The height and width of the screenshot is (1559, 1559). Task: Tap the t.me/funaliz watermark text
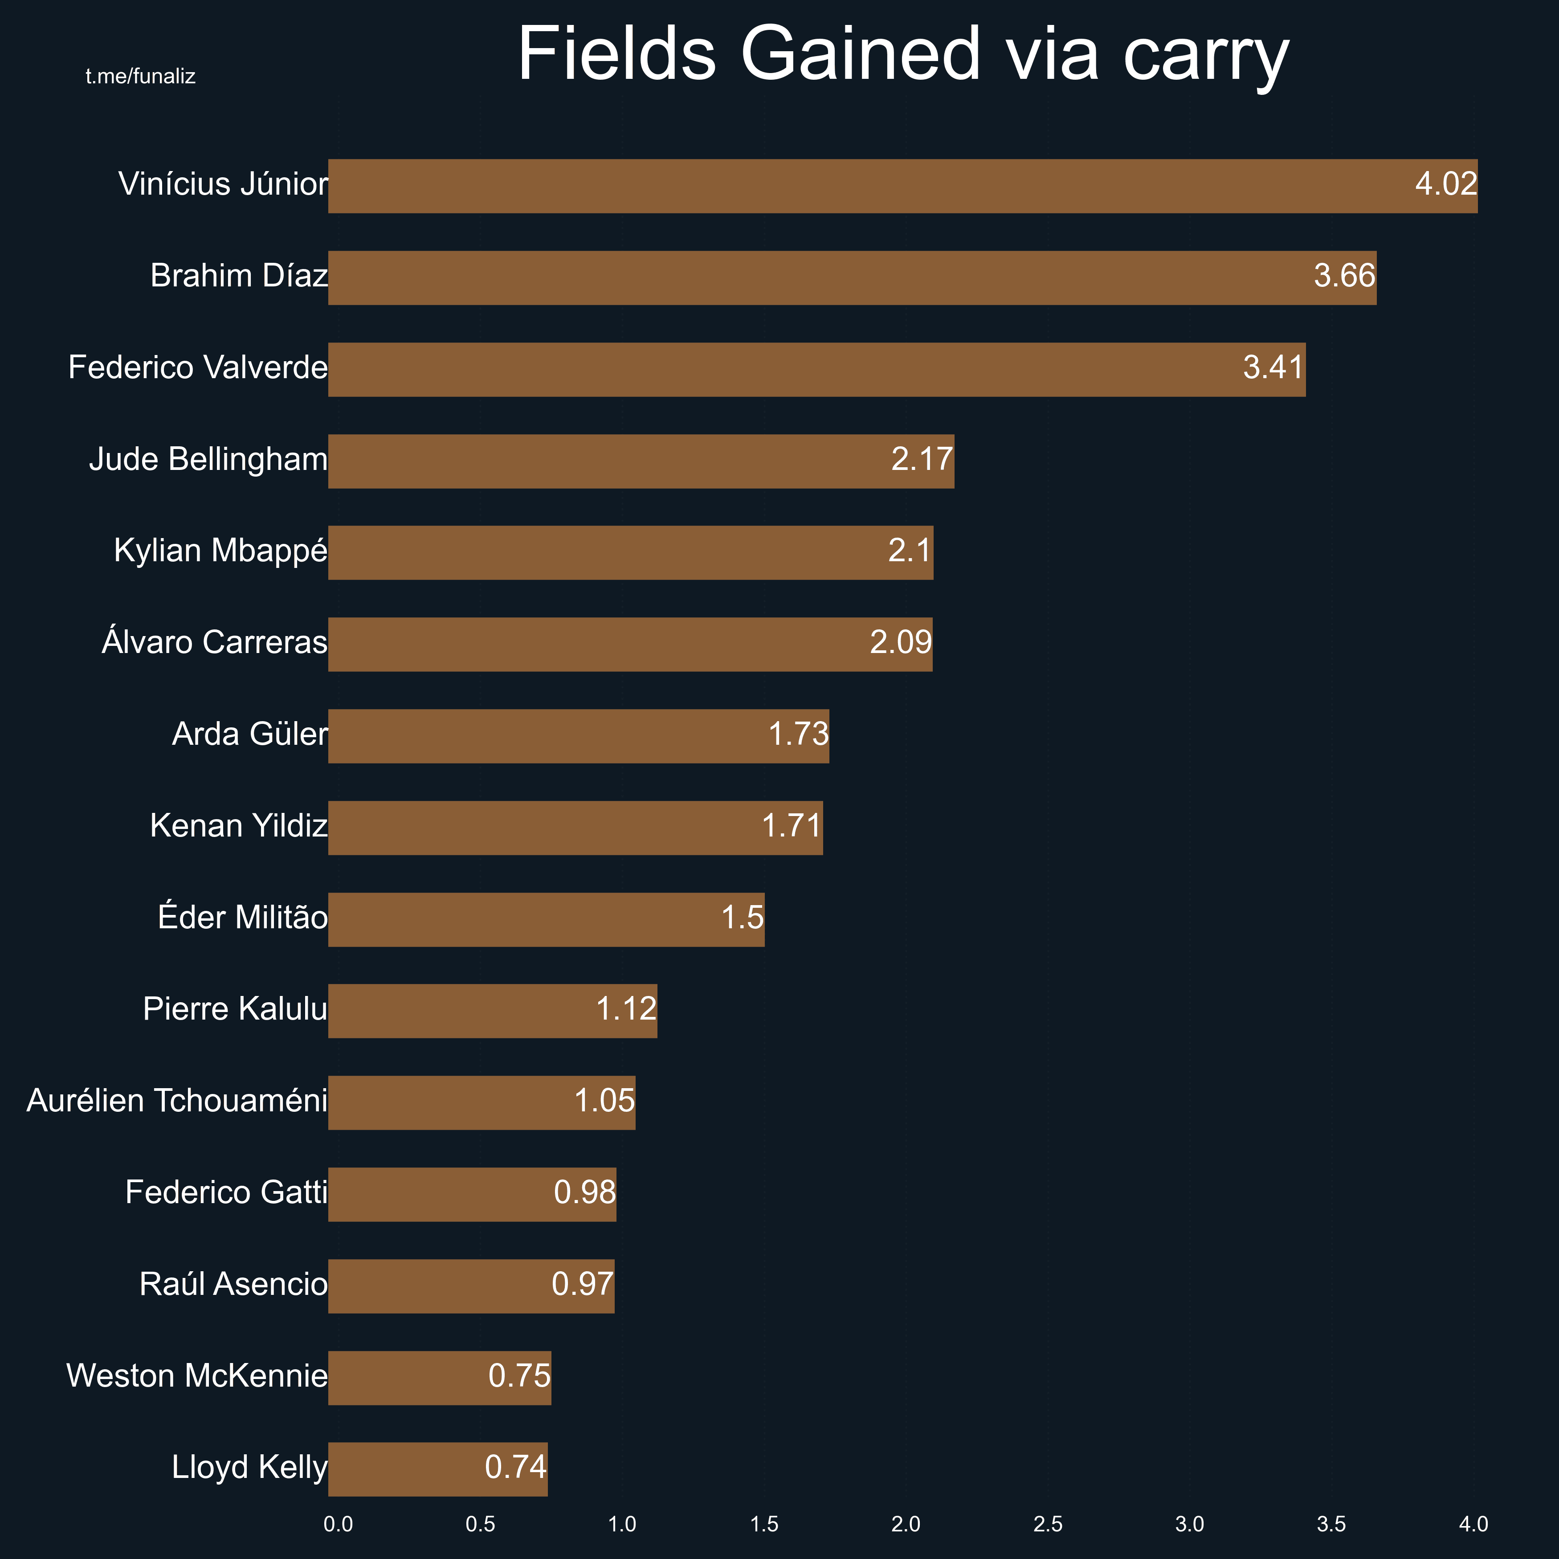click(x=140, y=77)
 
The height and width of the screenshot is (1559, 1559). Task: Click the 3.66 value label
click(x=1343, y=277)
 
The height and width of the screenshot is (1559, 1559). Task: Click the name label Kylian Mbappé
click(x=220, y=551)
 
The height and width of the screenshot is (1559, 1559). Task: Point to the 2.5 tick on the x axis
click(x=1047, y=1524)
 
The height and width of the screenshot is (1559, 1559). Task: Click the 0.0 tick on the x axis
click(x=338, y=1524)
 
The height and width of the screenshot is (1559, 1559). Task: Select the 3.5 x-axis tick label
click(x=1331, y=1524)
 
